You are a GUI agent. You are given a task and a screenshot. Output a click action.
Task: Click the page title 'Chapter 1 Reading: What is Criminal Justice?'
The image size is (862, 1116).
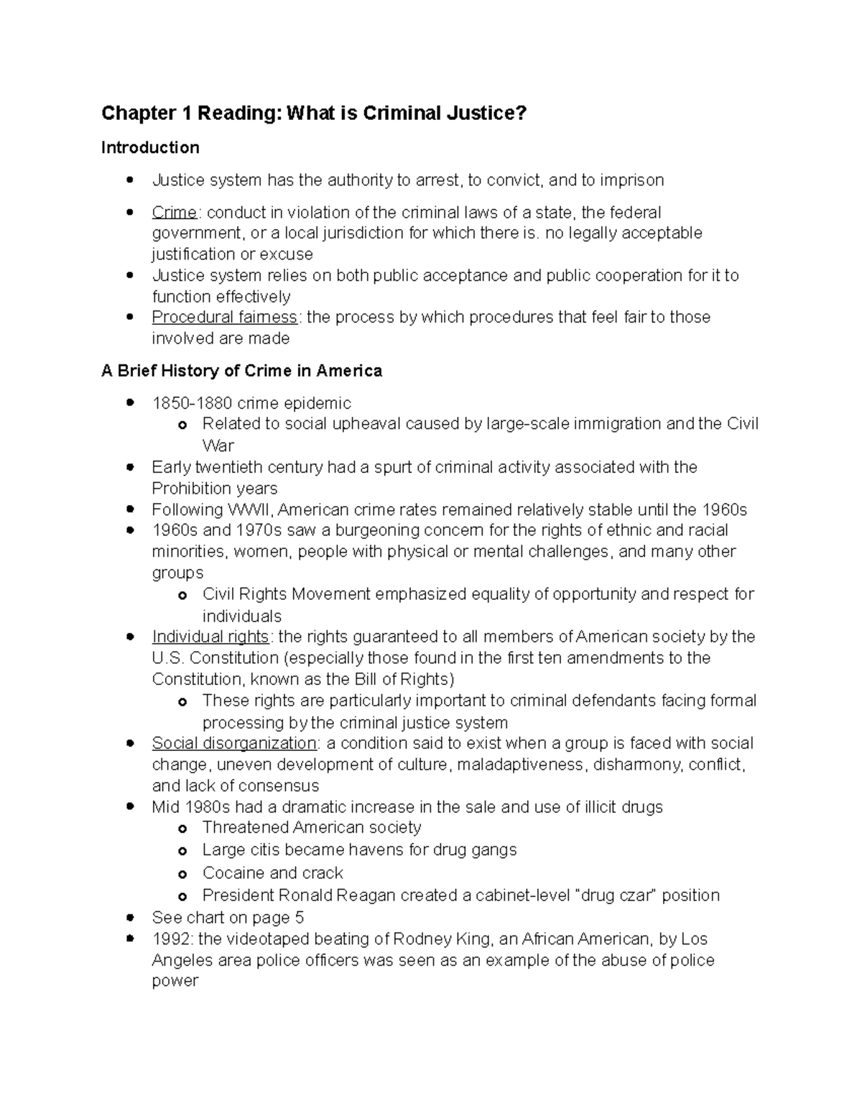tap(314, 114)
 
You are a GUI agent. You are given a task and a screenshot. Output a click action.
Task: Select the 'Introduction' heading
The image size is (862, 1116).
tap(150, 148)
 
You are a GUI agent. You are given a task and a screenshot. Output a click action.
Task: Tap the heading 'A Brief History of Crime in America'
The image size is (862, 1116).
tap(241, 371)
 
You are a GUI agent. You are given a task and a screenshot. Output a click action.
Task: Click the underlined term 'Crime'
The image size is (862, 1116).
tap(174, 213)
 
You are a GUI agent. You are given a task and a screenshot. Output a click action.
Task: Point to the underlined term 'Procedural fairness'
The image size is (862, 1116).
tap(224, 318)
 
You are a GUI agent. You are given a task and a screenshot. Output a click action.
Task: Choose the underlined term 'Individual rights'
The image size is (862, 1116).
tap(210, 637)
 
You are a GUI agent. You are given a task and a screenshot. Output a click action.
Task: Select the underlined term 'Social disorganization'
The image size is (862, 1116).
tap(234, 743)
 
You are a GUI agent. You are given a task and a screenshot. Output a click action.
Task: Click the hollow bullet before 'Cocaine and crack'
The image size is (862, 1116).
tap(182, 875)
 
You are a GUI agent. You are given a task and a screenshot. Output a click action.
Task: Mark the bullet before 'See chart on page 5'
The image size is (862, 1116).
tap(130, 918)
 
